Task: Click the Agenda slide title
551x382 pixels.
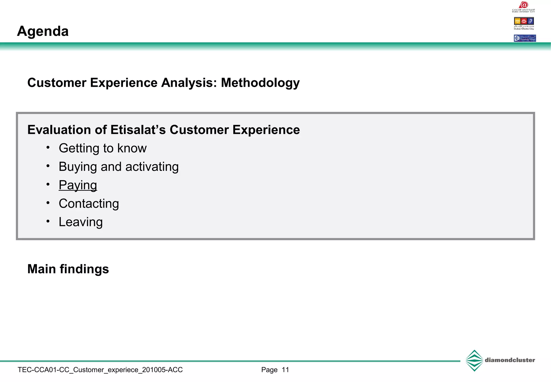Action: coord(43,31)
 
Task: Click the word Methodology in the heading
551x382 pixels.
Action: coord(260,83)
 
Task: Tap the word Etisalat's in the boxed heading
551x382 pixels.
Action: coord(138,130)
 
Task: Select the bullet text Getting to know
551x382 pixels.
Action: coord(103,148)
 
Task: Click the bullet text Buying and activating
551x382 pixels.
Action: coord(119,167)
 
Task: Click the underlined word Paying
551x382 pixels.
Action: coord(78,185)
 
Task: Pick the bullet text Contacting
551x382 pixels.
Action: coord(89,204)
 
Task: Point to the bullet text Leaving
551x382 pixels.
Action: coord(81,222)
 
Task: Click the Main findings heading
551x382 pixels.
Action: coord(68,269)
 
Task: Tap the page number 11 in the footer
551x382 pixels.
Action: coord(285,370)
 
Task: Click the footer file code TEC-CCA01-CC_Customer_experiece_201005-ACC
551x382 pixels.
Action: coord(100,370)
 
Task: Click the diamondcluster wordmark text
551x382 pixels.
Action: coord(510,360)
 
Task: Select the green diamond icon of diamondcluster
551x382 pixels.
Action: coord(474,360)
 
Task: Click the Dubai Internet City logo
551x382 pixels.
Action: coord(524,7)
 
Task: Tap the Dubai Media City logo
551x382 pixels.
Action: coord(524,23)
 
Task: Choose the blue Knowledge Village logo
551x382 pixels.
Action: coord(525,38)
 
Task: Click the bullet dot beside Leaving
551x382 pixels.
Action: coord(48,221)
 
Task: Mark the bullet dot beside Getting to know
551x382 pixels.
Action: coord(48,148)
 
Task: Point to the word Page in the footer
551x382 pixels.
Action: coord(269,370)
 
